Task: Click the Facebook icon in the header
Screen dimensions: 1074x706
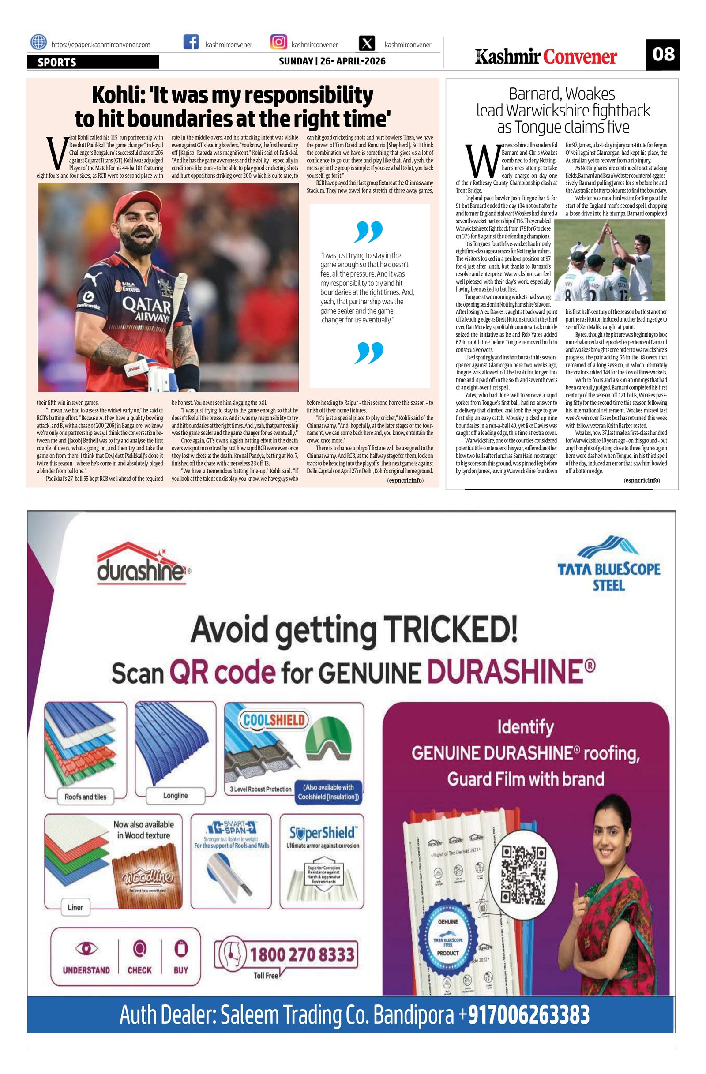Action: tap(191, 42)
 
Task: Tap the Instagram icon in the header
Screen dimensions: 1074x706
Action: tap(278, 42)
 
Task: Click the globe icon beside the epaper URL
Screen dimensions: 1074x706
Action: tap(38, 42)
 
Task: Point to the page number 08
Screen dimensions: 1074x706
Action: tap(663, 55)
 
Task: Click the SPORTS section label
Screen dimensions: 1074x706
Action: tap(57, 62)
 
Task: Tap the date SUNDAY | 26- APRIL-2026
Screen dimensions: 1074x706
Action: tap(332, 61)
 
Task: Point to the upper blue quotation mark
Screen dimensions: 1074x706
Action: tap(369, 232)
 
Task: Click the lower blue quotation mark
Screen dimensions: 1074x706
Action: tap(369, 352)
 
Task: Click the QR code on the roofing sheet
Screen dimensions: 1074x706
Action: tap(524, 872)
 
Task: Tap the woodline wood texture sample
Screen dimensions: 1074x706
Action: tap(144, 878)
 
